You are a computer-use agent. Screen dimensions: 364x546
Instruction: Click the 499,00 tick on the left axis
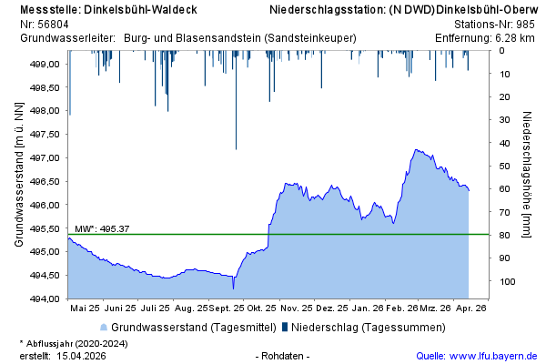(45, 65)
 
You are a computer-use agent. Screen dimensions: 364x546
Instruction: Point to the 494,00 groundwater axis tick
(45, 298)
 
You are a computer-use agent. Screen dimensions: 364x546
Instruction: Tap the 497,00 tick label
(45, 158)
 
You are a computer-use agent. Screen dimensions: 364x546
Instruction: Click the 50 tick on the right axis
(503, 166)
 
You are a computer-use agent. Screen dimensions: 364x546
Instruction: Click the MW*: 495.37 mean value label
(101, 228)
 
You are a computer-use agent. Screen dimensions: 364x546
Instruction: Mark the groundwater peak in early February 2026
(416, 150)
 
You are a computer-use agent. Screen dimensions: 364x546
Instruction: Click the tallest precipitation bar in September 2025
(236, 146)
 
